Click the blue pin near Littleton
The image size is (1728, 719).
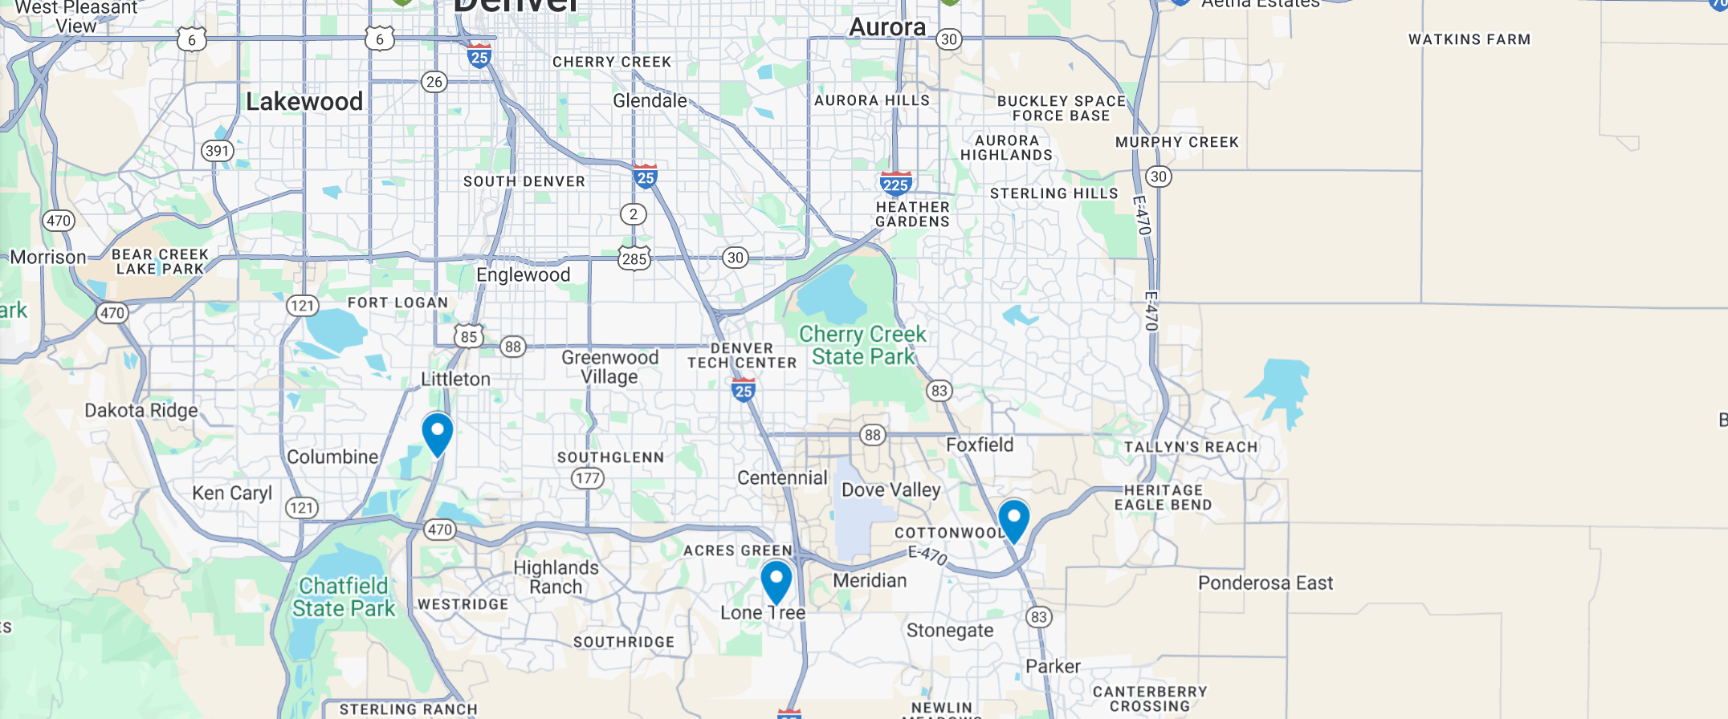pos(438,433)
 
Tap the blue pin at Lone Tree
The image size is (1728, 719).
pos(776,581)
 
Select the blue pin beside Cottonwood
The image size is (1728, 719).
pos(1013,520)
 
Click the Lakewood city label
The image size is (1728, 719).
pos(304,102)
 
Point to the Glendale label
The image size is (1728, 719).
pos(650,101)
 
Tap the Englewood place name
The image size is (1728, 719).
pos(523,275)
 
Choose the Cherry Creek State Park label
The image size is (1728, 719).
pos(862,346)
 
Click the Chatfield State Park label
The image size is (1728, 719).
pos(344,598)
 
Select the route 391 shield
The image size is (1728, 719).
pos(217,151)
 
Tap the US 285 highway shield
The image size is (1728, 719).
pos(634,258)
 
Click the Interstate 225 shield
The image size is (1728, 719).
pos(895,185)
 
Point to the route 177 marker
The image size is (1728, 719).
pos(587,479)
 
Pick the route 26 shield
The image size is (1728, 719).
pos(434,82)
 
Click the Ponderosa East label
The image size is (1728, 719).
pos(1265,583)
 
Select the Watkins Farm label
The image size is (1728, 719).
pos(1469,40)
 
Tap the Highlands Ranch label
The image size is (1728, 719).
pos(556,577)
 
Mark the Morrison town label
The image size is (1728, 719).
pos(48,258)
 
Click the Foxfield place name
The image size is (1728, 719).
pos(980,445)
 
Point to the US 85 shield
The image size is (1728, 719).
pos(469,337)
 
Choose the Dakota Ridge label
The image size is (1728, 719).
pos(141,411)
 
